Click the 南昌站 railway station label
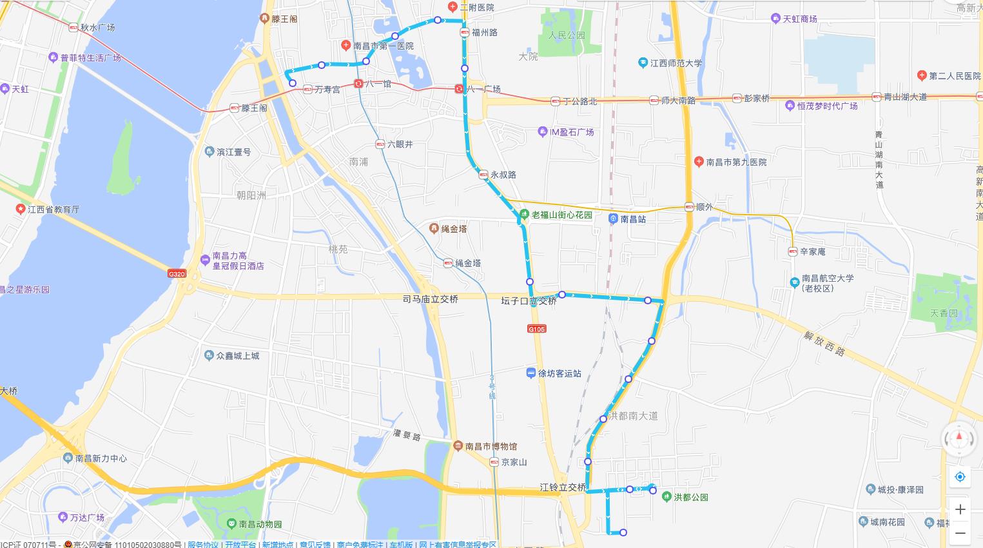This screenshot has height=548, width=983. pos(633,219)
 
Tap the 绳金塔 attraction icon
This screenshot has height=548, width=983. pos(435,229)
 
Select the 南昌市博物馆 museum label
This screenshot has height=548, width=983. pos(491,446)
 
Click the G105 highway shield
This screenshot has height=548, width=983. pos(536,329)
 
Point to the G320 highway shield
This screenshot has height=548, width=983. pos(177,274)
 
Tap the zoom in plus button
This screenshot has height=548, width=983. pos(960,509)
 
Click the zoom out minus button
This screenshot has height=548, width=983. pos(960,533)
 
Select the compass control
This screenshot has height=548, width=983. pos(959,438)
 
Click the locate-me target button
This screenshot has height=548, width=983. pos(960,477)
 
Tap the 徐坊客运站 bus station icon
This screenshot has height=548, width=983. pos(530,373)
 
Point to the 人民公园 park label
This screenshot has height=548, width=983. pos(567,35)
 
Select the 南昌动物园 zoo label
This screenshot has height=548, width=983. pos(260,525)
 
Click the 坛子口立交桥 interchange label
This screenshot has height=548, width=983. pos(529,301)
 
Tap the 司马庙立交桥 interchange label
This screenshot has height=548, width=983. pos(430,299)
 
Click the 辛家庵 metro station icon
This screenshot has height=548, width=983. pos(793,252)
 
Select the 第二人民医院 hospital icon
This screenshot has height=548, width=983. pos(922,76)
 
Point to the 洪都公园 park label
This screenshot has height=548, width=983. pos(691,498)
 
